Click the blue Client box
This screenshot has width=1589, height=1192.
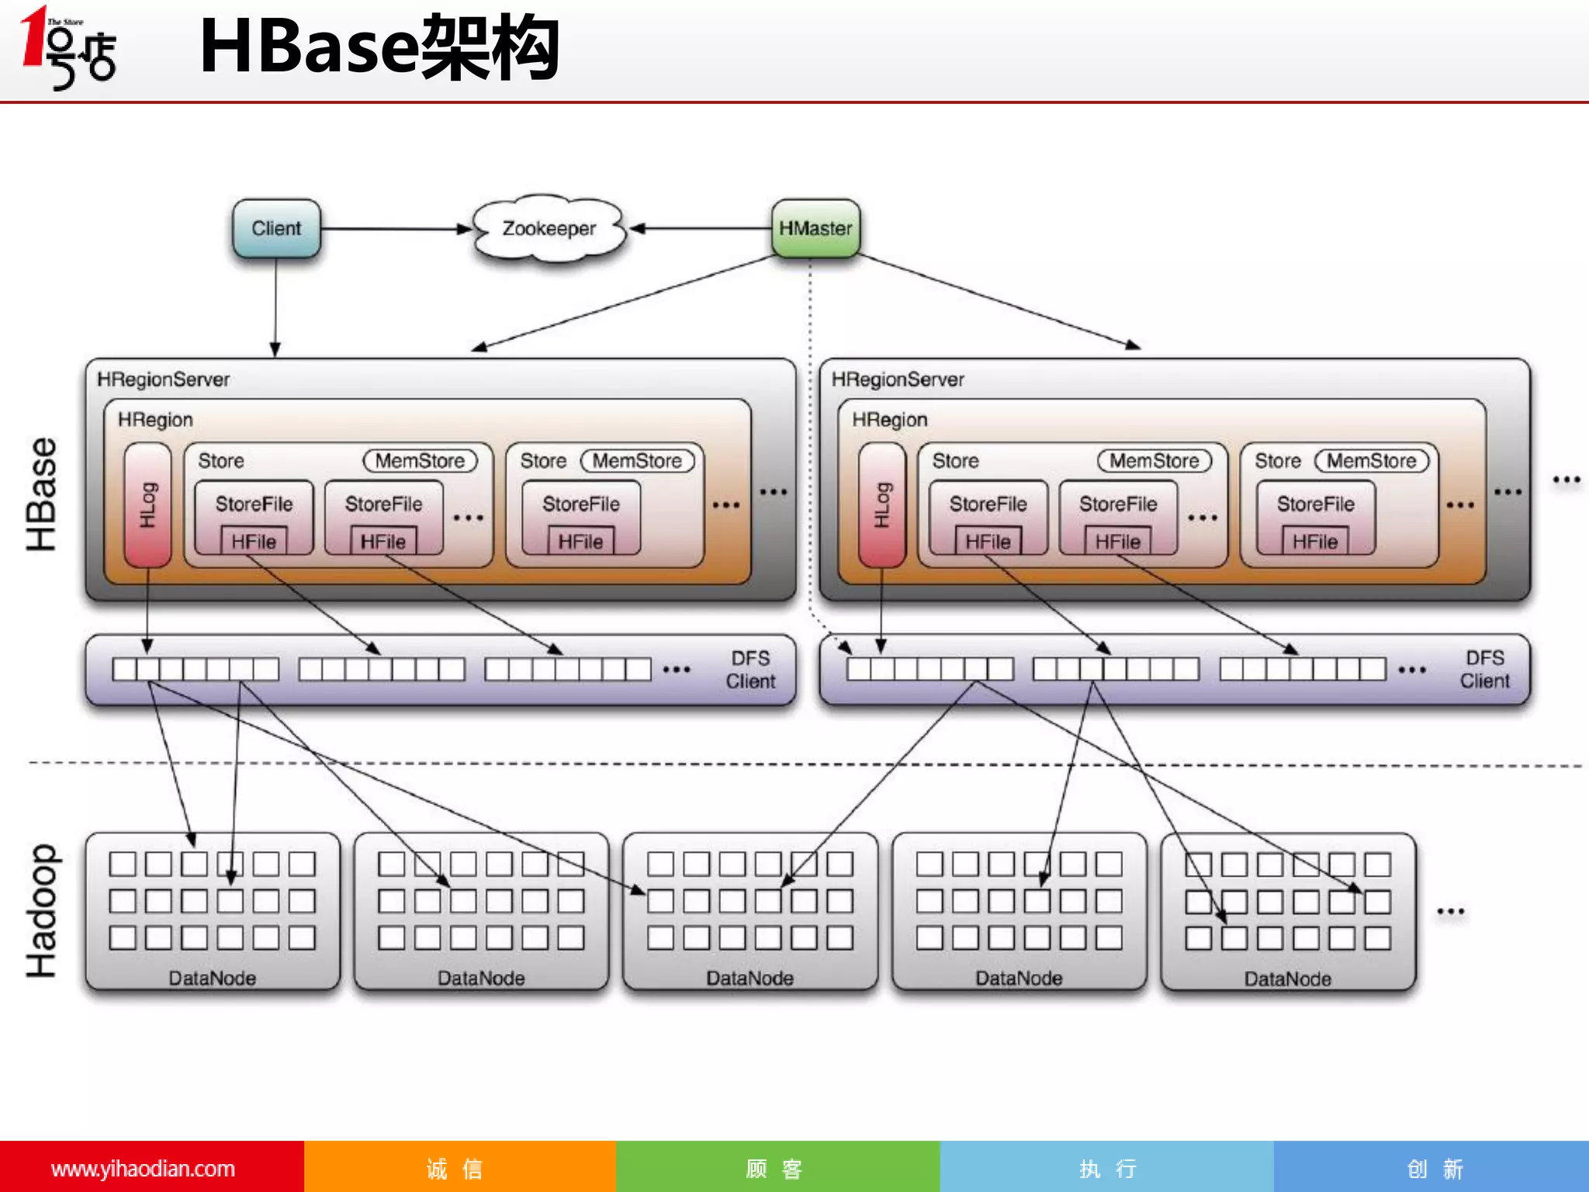pos(276,228)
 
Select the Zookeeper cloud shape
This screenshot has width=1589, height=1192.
pos(549,228)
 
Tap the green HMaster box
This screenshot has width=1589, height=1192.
pos(815,228)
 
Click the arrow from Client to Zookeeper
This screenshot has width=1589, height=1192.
pos(396,229)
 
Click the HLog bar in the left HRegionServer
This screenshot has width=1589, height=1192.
pos(147,504)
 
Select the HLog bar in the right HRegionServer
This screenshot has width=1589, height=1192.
pos(882,504)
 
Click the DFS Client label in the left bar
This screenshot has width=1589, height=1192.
pos(750,670)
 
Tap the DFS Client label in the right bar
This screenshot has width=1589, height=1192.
pos(1484,670)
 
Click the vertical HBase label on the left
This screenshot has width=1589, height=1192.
pos(42,494)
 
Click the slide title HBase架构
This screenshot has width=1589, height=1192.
pos(379,48)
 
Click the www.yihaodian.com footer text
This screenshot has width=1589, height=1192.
pos(143,1169)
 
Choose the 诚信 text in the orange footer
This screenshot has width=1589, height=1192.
pos(455,1169)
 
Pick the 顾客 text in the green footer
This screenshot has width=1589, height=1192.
pos(774,1169)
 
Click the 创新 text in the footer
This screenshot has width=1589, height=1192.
pos(1435,1169)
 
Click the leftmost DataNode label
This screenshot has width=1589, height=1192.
pos(213,978)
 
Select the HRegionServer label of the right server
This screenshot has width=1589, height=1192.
pos(898,379)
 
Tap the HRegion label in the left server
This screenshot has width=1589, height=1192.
pos(155,420)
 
